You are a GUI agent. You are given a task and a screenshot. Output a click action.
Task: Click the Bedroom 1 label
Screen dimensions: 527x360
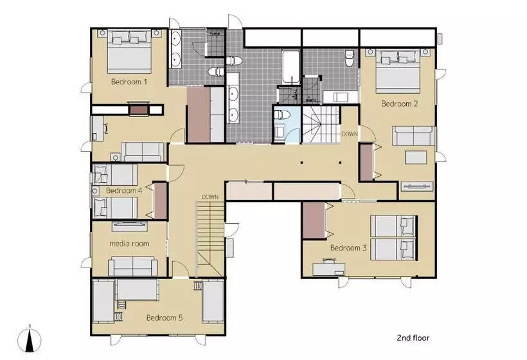click(129, 82)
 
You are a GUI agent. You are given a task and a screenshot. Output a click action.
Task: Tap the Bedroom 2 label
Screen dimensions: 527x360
click(400, 104)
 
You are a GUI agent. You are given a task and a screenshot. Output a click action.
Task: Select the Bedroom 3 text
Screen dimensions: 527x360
click(348, 248)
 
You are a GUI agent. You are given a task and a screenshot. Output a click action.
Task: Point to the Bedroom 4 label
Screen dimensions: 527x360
click(124, 190)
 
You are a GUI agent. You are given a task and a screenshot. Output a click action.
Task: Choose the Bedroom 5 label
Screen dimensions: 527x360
click(165, 318)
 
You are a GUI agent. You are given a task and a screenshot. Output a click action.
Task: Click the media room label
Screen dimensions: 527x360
click(129, 244)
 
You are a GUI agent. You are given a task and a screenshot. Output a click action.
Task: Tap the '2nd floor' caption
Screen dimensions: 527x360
click(413, 337)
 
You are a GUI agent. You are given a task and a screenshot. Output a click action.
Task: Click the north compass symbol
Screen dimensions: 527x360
click(30, 340)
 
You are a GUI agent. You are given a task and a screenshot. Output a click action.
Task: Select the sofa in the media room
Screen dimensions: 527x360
click(133, 266)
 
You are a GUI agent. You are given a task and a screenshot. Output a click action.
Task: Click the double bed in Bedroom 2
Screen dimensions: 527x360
click(398, 71)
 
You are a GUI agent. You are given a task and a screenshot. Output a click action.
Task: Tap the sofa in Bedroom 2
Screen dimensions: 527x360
click(414, 136)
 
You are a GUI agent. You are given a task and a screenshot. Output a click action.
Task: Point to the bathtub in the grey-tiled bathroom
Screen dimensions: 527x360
click(290, 67)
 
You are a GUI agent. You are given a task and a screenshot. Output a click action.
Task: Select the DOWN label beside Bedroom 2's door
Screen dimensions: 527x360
click(350, 134)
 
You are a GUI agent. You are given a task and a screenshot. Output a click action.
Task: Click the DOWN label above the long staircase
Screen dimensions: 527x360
click(210, 197)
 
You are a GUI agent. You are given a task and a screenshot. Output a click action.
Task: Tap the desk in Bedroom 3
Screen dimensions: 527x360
click(328, 269)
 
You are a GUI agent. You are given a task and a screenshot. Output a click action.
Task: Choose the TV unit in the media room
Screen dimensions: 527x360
click(129, 226)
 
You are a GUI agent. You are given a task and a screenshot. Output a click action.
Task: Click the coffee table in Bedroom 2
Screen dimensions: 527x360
click(416, 157)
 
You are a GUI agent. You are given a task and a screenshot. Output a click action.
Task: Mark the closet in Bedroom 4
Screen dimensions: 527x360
click(161, 201)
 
